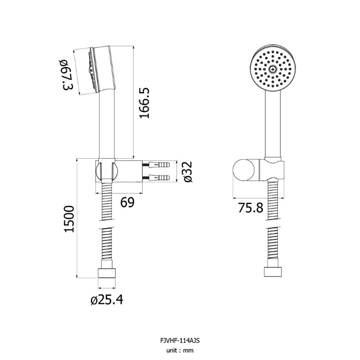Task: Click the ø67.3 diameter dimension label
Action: [x=67, y=75]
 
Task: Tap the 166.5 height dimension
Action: [x=144, y=103]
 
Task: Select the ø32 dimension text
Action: [x=188, y=172]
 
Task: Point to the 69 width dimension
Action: [x=127, y=202]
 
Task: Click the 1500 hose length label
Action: [x=69, y=219]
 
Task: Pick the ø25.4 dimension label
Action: [x=107, y=299]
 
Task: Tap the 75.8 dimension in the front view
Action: [x=250, y=208]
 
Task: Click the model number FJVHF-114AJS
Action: [x=180, y=340]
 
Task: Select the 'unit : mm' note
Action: [x=180, y=350]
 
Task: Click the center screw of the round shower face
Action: [x=273, y=68]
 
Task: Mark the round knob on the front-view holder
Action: [x=243, y=171]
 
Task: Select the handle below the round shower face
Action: [x=273, y=124]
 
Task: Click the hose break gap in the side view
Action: [x=107, y=224]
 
